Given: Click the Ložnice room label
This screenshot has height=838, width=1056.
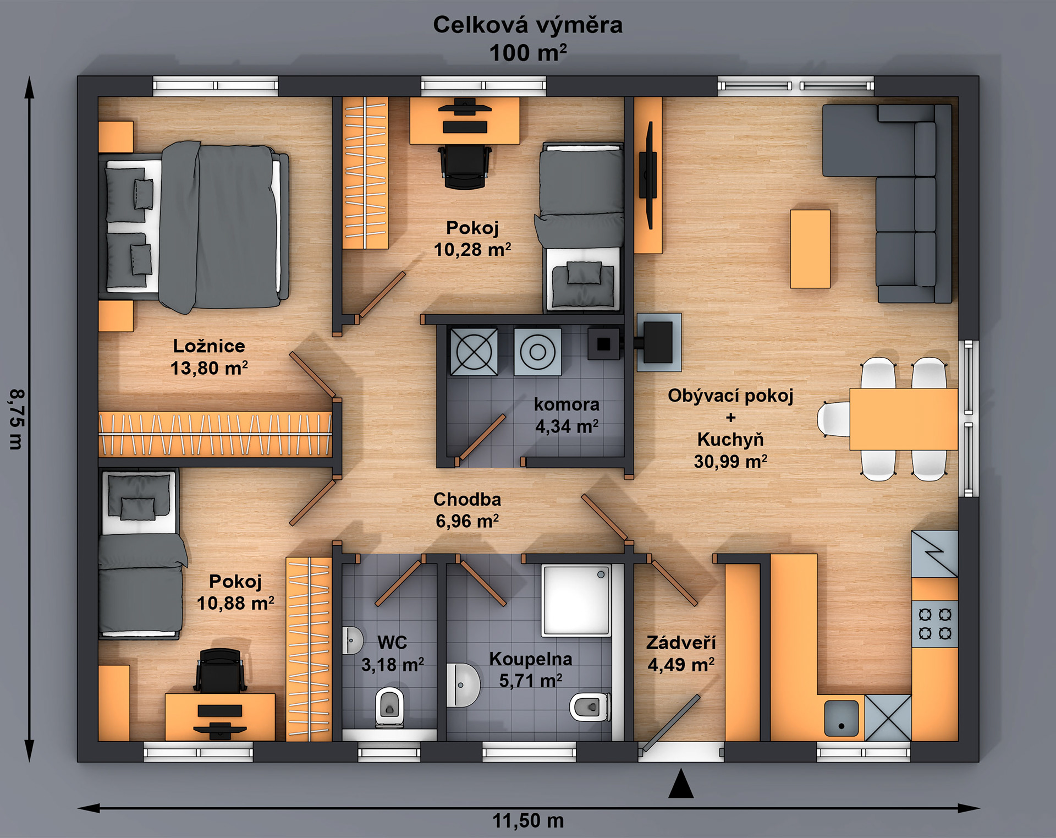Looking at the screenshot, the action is tap(209, 346).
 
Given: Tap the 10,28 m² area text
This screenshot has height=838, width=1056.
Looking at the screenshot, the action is tap(472, 250).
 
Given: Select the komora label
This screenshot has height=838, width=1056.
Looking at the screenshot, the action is tap(566, 404).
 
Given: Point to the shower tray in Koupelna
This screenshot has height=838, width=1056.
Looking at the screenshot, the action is tap(576, 600).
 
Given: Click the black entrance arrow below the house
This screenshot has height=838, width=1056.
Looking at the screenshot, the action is tap(681, 783).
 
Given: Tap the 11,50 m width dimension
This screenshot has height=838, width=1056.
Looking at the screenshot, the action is tap(528, 821).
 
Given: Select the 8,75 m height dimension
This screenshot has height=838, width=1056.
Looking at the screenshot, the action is tap(16, 419).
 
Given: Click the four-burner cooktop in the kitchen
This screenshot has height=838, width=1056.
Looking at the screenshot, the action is tap(935, 624).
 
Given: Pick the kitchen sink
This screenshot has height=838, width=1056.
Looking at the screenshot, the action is tap(841, 718).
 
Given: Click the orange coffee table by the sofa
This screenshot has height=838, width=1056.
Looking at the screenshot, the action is tap(810, 249).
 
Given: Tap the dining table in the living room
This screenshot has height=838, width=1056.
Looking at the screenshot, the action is tap(904, 419).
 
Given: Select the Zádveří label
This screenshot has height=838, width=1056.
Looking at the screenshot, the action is tap(681, 643).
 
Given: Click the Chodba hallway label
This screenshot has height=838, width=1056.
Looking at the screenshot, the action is tap(467, 500).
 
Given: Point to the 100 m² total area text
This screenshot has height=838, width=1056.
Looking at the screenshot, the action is tap(528, 53).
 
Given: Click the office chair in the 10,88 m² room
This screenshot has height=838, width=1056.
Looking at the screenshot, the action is tap(219, 670).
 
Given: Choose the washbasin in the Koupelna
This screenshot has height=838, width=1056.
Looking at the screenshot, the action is tap(462, 685).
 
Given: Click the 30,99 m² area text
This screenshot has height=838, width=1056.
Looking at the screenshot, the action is tap(730, 462).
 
